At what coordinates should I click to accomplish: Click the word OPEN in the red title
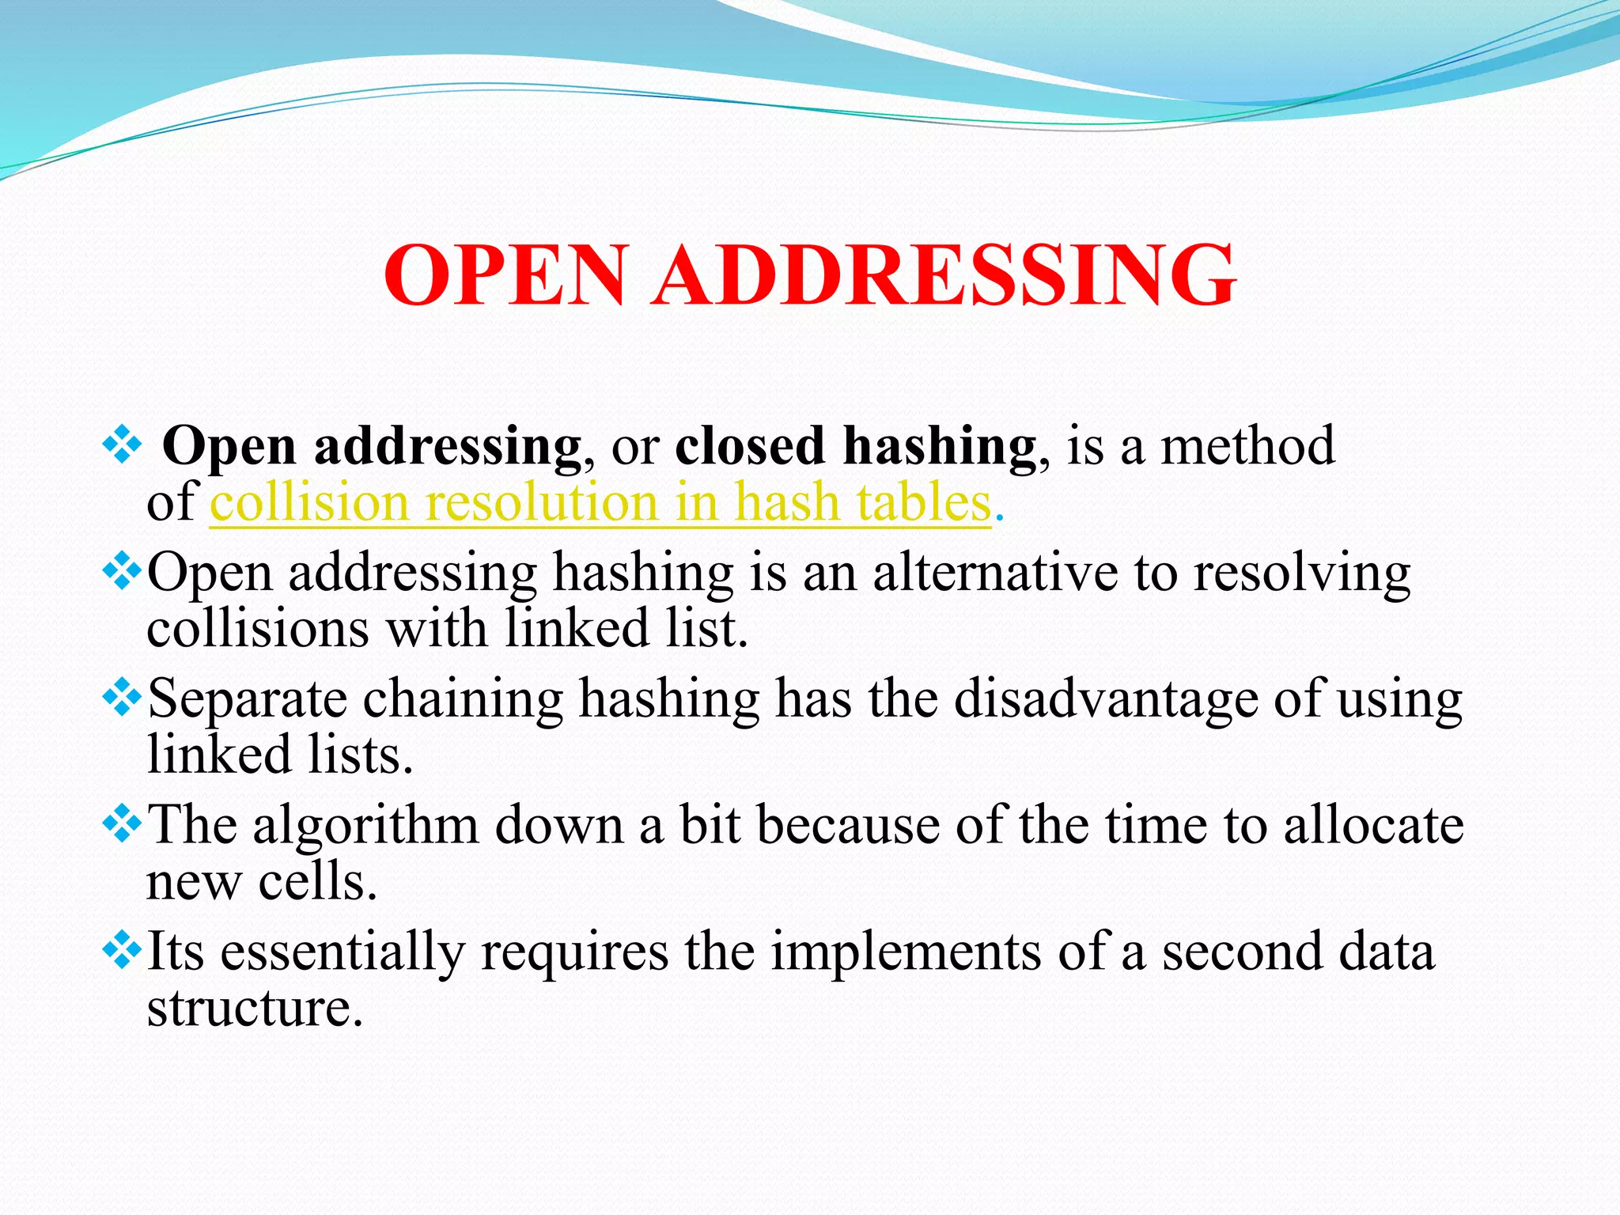[x=506, y=274]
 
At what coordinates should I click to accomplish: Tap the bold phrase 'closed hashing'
[x=855, y=445]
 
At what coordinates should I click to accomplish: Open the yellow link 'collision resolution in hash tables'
[x=600, y=502]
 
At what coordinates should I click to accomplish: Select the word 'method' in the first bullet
[x=1247, y=445]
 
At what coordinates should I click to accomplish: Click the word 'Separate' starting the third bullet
[x=248, y=699]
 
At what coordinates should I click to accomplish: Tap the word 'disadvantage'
[x=1106, y=699]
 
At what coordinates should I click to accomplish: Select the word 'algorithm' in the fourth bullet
[x=365, y=826]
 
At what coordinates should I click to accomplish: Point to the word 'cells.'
[x=318, y=881]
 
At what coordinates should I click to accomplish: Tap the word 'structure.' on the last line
[x=255, y=1008]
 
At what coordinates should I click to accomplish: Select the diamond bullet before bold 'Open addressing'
[x=122, y=445]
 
